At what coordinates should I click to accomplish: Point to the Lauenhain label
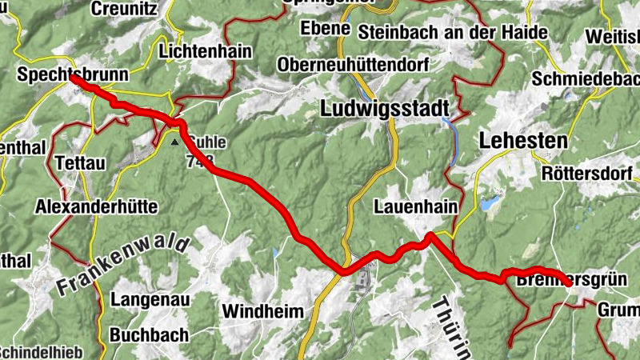416,206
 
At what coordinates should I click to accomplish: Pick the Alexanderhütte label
96,206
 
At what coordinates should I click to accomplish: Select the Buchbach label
149,334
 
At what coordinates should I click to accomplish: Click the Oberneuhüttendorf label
358,64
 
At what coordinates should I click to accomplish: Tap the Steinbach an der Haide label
453,32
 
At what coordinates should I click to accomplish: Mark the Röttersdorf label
586,173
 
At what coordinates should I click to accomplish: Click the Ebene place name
325,28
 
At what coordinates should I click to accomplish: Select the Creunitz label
126,9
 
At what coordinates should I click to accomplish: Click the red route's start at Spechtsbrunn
72,78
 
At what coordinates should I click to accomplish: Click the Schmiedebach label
586,80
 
